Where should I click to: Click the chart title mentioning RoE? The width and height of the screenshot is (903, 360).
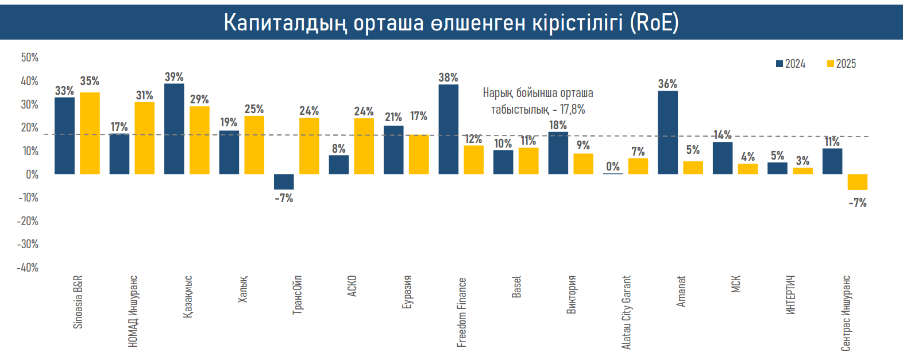coord(451,22)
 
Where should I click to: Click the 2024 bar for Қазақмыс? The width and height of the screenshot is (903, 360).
coord(174,129)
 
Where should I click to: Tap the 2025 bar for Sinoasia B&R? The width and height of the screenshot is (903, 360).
coord(90,133)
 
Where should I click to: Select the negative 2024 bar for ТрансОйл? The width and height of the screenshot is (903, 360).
coord(284,181)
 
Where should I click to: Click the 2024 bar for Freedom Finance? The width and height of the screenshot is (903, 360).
coord(448,129)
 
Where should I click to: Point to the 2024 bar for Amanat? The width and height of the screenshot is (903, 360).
coord(667,132)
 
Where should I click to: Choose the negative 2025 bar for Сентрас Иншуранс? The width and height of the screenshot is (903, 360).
coord(857,181)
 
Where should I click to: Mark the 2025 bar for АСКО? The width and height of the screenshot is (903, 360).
coord(364,146)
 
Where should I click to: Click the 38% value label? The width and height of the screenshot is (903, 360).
coord(448,78)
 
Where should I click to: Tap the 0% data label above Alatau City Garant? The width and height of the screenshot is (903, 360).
coord(613,167)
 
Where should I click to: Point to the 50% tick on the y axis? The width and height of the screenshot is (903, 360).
coord(30,57)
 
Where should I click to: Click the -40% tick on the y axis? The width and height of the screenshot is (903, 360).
coord(28,268)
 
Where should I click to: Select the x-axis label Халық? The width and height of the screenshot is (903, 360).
coord(243,289)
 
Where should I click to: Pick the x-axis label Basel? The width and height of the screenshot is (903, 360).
coord(517,287)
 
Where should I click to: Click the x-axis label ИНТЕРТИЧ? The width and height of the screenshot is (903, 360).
coord(791,295)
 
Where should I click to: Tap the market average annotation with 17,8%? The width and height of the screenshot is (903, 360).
coord(538,101)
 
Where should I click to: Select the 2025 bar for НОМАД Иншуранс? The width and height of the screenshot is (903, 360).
coord(145,138)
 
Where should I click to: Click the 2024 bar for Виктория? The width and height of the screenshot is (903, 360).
coord(558,153)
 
